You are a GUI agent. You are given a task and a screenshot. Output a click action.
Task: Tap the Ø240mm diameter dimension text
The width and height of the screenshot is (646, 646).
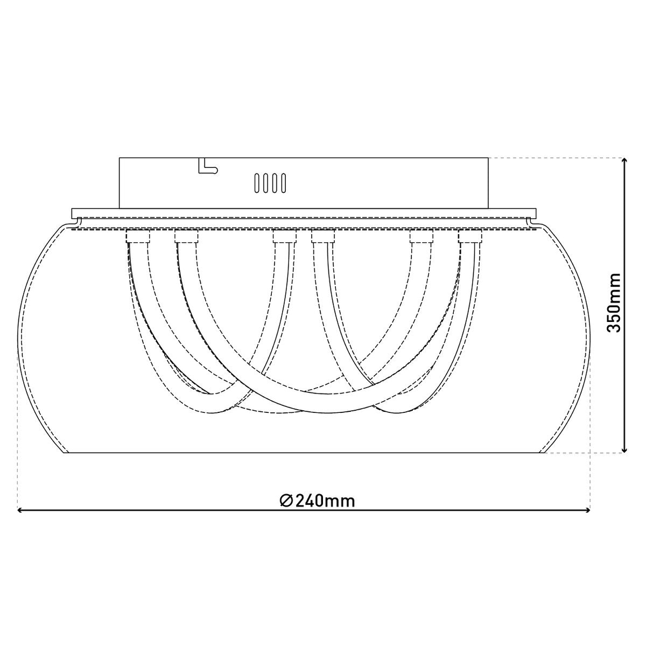click(318, 501)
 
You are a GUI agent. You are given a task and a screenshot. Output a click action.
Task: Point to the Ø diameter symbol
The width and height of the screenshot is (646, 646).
click(286, 501)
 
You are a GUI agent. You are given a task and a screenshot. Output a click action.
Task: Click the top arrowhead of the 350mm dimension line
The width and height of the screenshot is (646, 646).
click(624, 161)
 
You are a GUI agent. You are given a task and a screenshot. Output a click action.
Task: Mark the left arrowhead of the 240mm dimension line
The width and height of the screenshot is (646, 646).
click(22, 510)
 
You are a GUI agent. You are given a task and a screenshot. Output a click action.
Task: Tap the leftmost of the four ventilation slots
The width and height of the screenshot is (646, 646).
click(258, 182)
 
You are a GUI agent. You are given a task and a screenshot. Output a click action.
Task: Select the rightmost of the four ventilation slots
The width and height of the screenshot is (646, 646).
click(282, 182)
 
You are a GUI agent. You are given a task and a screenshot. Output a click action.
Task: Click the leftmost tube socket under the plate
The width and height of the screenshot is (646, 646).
click(138, 236)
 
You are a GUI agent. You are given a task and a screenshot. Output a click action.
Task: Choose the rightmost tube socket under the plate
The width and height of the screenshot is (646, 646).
click(470, 236)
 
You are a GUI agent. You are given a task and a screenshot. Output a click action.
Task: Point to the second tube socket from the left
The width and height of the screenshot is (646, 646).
click(186, 236)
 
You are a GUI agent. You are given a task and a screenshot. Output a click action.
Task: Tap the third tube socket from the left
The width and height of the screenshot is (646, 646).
click(284, 236)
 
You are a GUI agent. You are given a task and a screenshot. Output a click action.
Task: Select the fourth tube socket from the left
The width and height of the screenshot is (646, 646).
click(323, 236)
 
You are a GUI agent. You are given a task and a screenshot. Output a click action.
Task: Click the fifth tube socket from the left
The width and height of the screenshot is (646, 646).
click(422, 236)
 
